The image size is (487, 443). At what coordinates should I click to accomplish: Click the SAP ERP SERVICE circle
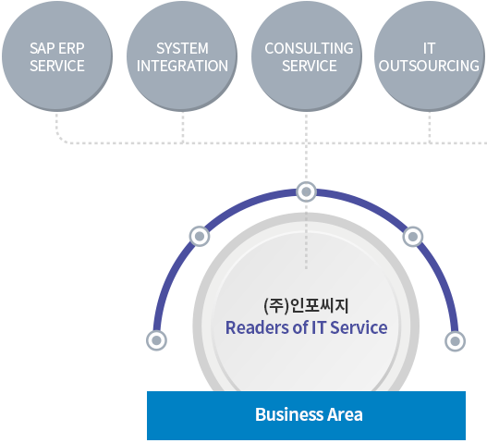[x=57, y=56]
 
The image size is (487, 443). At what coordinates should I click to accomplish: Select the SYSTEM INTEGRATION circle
[x=182, y=56]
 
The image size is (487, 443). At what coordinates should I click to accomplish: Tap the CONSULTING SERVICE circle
[x=307, y=56]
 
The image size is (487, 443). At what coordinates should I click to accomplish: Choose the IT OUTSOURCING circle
[x=430, y=56]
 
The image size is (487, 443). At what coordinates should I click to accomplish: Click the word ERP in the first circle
[x=71, y=48]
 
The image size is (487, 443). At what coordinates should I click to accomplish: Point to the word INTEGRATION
[x=182, y=66]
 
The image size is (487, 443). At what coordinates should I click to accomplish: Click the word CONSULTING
[x=309, y=48]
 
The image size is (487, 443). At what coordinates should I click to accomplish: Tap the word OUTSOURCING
[x=429, y=66]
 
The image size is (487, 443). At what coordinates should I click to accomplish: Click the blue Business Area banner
[x=306, y=415]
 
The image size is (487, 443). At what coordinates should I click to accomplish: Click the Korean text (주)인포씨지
[x=306, y=305]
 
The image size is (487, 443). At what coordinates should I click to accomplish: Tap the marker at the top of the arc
[x=307, y=191]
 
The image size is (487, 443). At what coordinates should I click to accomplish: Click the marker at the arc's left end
[x=156, y=340]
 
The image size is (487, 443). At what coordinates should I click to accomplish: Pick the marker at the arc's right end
[x=455, y=341]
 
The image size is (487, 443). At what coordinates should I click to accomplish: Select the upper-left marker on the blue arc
[x=200, y=236]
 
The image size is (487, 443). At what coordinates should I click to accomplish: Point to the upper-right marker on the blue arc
[x=413, y=237]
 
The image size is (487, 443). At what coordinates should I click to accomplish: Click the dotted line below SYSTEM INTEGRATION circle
[x=183, y=128]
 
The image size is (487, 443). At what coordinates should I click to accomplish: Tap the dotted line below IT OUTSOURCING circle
[x=430, y=128]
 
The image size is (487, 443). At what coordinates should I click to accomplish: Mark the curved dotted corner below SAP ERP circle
[x=60, y=139]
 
